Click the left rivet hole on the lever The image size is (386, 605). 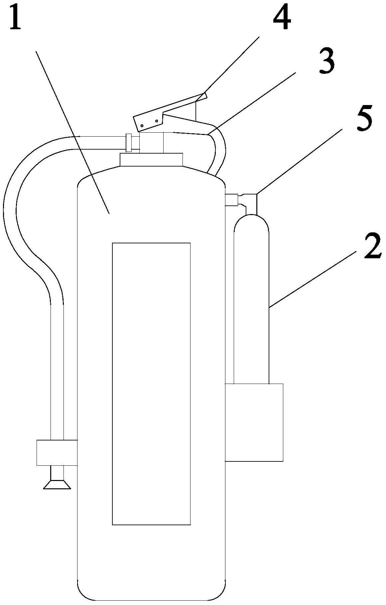(x=142, y=126)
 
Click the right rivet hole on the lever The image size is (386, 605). (x=156, y=121)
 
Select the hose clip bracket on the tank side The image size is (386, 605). (x=57, y=452)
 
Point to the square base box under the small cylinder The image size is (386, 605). (x=254, y=422)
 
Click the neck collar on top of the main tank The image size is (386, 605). (x=151, y=160)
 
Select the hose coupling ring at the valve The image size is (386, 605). (x=129, y=143)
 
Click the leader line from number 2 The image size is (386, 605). (x=313, y=279)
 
